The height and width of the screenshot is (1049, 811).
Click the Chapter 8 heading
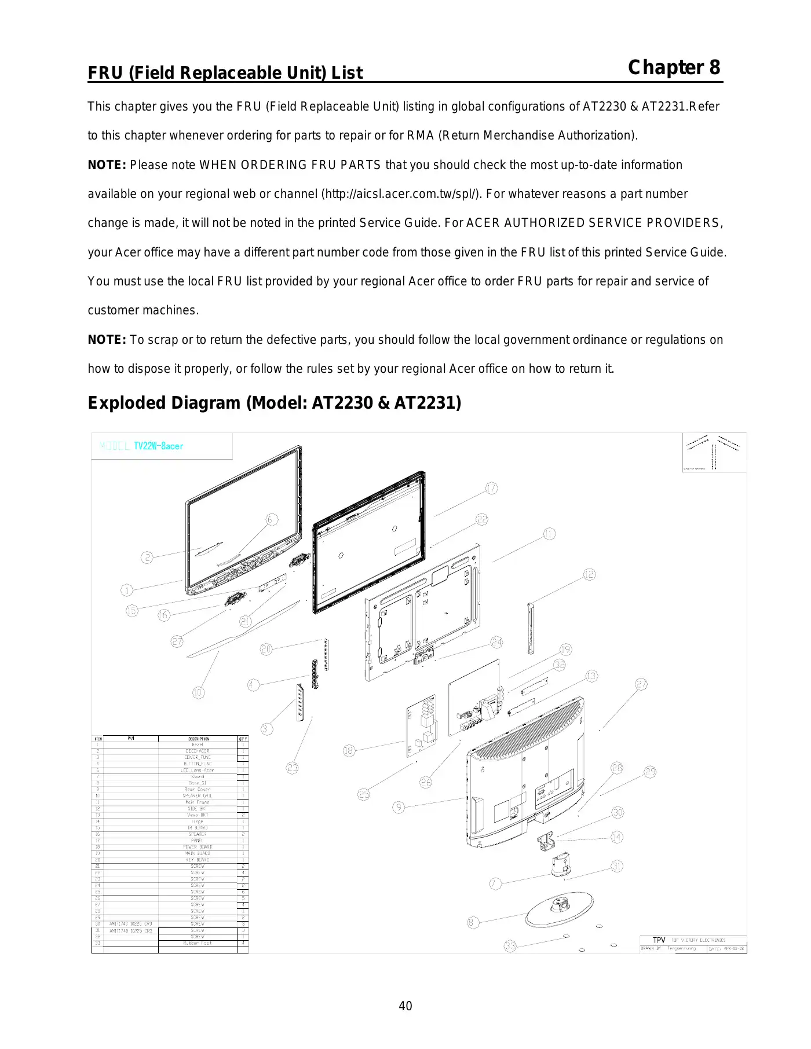point(674,68)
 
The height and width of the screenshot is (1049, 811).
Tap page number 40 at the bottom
point(405,1006)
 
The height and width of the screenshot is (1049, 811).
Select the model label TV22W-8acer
point(158,446)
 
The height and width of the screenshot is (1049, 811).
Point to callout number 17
point(491,489)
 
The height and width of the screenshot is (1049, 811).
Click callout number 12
point(589,574)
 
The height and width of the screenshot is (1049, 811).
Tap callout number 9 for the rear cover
point(399,807)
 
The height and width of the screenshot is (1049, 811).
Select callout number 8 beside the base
point(473,922)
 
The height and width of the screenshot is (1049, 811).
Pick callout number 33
point(510,946)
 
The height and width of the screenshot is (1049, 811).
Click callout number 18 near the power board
point(348,751)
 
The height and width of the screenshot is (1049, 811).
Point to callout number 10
point(198,692)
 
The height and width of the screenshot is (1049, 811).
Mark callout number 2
point(147,557)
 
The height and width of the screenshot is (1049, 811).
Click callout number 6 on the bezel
point(272,519)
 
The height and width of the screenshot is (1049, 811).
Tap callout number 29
point(651,772)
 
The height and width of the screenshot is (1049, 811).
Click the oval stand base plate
point(560,909)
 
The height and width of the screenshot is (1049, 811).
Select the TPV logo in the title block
point(659,940)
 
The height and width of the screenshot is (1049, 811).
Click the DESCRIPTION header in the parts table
point(198,739)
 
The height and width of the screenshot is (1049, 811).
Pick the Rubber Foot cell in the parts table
point(198,943)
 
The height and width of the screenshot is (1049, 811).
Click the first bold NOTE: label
point(107,165)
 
